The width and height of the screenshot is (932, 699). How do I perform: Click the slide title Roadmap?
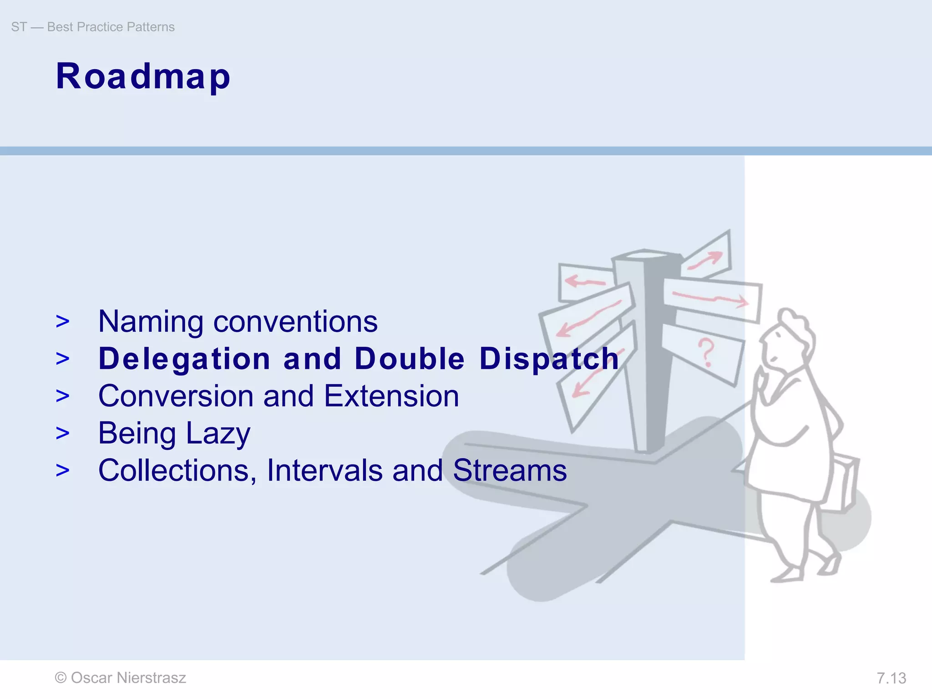tap(143, 76)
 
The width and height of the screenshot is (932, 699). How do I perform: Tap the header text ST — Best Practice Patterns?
tap(93, 27)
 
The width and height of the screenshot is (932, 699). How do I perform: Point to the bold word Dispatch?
tap(549, 359)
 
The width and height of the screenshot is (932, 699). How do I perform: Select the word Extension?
tap(391, 396)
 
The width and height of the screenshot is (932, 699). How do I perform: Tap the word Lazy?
tap(218, 434)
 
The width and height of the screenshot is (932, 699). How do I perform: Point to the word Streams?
tap(510, 471)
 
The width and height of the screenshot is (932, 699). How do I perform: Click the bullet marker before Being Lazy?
tap(63, 433)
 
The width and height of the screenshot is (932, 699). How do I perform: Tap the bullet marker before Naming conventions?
tap(63, 321)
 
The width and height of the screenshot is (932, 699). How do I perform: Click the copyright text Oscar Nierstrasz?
tap(121, 678)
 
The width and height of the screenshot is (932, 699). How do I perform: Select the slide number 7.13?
tap(891, 678)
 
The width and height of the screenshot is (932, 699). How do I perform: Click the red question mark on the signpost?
tap(706, 352)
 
